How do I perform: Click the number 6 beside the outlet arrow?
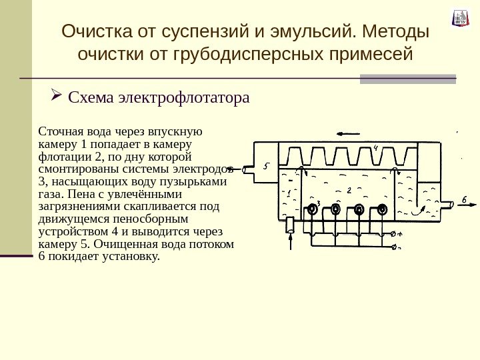[464, 199]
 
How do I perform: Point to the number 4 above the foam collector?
[376, 148]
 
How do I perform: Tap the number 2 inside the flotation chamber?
[349, 191]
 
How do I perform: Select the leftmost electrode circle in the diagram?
[311, 209]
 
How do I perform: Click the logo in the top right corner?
[461, 17]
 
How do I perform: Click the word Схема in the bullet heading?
[91, 98]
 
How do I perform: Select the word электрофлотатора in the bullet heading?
[183, 98]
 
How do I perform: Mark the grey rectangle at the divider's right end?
[407, 79]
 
